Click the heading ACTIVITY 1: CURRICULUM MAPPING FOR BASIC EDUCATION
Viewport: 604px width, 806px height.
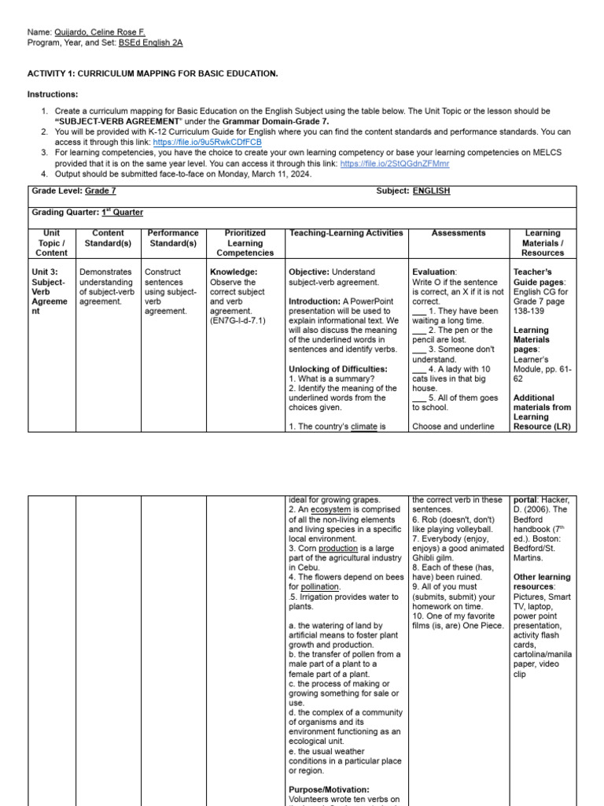pyautogui.click(x=153, y=73)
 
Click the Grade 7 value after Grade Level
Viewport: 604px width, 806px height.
pyautogui.click(x=100, y=191)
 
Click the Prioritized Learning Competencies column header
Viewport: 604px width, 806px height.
pyautogui.click(x=245, y=242)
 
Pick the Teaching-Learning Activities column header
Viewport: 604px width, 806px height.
pyautogui.click(x=346, y=233)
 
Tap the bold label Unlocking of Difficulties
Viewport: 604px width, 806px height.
pyautogui.click(x=337, y=369)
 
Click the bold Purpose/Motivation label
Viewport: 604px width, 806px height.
pyautogui.click(x=329, y=789)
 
